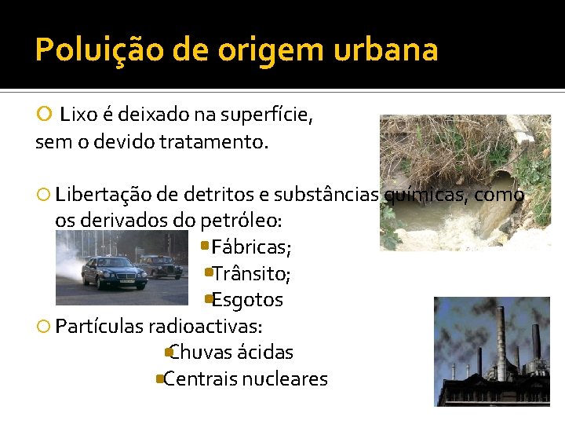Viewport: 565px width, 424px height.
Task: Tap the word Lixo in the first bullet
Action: click(x=78, y=116)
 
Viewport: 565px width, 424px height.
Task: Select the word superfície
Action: click(x=266, y=116)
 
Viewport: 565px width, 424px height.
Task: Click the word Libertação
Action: click(x=107, y=196)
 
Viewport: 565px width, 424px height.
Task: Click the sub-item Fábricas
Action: click(x=251, y=248)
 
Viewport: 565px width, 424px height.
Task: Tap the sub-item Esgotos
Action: click(x=247, y=300)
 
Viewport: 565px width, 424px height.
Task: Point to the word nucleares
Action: click(x=285, y=379)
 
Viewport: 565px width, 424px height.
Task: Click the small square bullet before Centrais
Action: click(x=159, y=378)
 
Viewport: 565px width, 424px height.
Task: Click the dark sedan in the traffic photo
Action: click(x=113, y=272)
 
